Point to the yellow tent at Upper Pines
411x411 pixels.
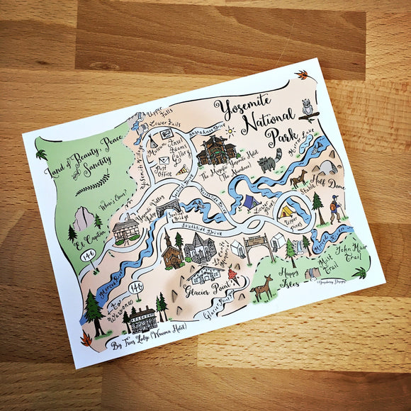coord(287,210)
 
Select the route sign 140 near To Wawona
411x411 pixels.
coord(137,286)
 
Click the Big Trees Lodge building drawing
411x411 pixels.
coord(144,320)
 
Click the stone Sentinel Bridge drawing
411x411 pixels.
coord(171,208)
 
